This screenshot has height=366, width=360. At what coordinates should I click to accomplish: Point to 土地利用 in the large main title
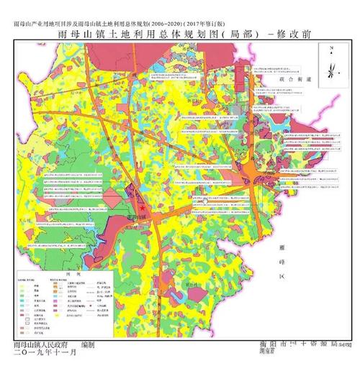pos(140,34)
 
